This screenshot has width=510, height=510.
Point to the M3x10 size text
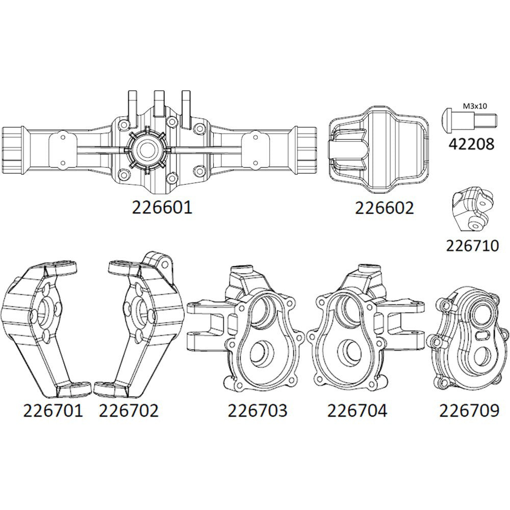[x=475, y=106]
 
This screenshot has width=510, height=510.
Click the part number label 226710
[x=472, y=246]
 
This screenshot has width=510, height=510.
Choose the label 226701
[x=53, y=410]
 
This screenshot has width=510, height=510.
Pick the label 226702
[x=129, y=410]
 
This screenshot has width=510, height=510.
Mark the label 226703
[x=258, y=410]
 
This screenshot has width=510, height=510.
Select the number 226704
[x=357, y=410]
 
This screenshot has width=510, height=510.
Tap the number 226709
[x=469, y=410]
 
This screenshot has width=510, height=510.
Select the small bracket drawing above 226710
[x=471, y=209]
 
